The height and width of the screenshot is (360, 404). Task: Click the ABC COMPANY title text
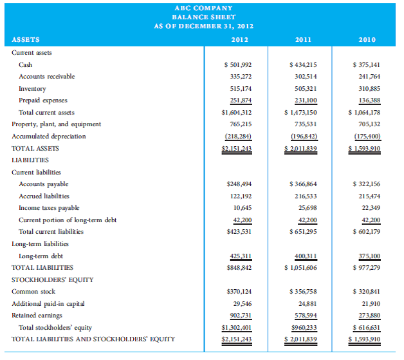[203, 8]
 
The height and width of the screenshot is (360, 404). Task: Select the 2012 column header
[235, 39]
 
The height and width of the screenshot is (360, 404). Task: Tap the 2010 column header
[367, 39]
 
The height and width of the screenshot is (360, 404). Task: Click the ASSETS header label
[26, 39]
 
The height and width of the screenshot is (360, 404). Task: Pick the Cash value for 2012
[235, 64]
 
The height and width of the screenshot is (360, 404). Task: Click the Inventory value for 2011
[303, 88]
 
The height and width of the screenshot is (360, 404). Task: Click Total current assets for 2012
[235, 112]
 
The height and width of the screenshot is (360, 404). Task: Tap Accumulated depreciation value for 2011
[303, 136]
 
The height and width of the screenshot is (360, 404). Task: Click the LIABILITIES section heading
[30, 160]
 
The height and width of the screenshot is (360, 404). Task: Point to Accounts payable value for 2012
[235, 184]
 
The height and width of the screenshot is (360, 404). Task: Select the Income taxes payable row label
[49, 207]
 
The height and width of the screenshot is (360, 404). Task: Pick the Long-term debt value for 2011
[303, 256]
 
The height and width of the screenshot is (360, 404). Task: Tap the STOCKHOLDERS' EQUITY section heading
[53, 279]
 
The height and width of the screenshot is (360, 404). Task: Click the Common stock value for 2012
[235, 292]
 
